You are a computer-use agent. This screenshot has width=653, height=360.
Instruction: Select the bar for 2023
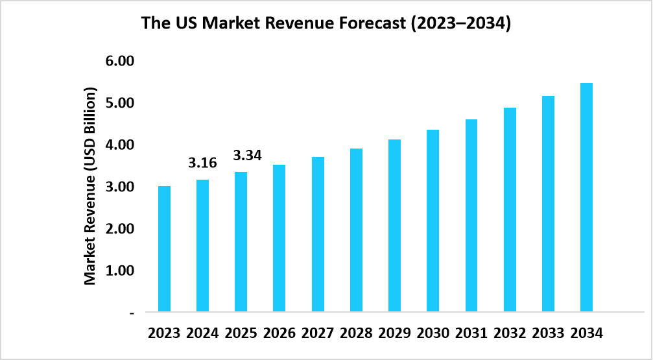coord(164,248)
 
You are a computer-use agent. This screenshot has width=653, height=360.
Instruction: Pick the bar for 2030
coord(433,221)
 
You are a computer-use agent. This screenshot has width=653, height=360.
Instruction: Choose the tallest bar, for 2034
coord(586,197)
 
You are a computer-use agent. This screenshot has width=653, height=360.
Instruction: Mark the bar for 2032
coord(510,210)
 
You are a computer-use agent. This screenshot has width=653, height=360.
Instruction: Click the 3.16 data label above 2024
coord(202,163)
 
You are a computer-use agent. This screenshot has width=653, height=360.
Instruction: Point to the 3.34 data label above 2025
coord(247,156)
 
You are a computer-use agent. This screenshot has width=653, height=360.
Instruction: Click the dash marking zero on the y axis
coord(132,313)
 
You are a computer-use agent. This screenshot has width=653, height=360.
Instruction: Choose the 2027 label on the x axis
coord(318,333)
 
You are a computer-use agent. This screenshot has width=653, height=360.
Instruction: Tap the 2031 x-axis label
coord(471,333)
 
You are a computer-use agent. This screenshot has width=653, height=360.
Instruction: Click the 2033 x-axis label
coord(548,333)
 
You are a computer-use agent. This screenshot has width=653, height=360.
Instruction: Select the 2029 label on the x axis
coord(395,333)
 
